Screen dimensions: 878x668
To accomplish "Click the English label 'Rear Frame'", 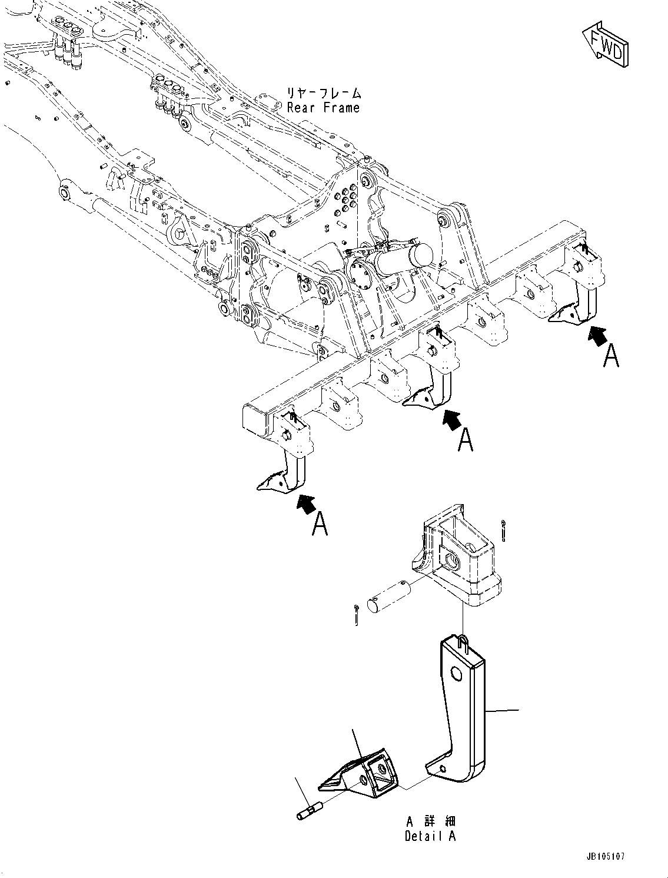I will [x=323, y=108].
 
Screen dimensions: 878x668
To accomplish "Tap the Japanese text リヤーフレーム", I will [x=323, y=93].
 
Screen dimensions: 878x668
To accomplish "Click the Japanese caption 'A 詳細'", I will [x=430, y=821].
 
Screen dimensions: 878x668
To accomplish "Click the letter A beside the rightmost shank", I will [x=611, y=356].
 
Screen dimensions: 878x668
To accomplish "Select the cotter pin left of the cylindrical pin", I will [x=357, y=614].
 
